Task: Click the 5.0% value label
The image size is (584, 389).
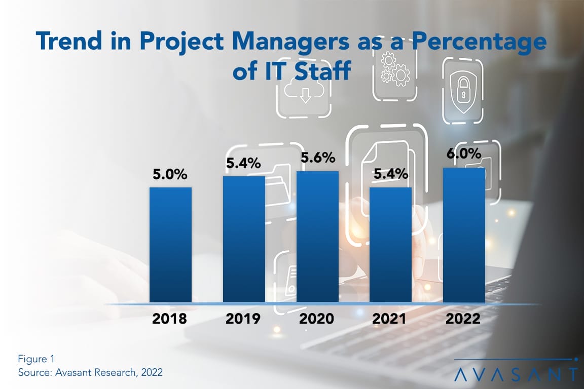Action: click(170, 175)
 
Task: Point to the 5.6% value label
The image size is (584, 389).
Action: click(317, 158)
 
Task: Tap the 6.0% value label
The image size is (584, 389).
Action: click(464, 153)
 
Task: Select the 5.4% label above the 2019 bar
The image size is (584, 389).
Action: click(244, 164)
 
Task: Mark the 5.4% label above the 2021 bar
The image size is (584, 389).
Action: click(390, 175)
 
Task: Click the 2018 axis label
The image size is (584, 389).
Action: click(170, 319)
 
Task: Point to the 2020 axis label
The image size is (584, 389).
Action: click(317, 319)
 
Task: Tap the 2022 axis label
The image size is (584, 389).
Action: click(464, 319)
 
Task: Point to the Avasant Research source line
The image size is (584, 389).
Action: click(90, 372)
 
